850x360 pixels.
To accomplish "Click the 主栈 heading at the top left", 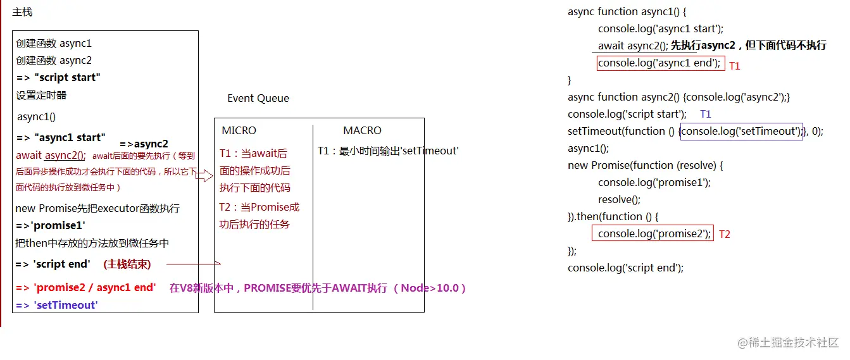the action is pos(22,12).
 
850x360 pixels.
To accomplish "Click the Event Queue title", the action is pos(258,98).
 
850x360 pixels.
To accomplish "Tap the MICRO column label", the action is pos(239,130).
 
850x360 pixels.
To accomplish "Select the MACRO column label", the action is pos(362,130).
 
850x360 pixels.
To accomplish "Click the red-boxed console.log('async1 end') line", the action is pos(659,63).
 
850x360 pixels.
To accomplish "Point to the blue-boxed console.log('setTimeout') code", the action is pos(741,132).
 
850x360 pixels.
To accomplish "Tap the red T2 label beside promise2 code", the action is pos(725,234).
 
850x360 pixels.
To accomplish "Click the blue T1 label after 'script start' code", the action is pos(706,115).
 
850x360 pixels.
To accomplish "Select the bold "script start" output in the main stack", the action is pos(58,78).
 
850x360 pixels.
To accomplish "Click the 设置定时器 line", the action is pos(41,96).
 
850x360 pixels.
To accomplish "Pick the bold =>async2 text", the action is pos(144,144).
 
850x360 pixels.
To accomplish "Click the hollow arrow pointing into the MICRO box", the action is pos(204,176).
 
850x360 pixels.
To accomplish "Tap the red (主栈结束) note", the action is pos(127,264).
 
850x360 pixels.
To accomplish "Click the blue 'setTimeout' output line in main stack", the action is pos(57,305).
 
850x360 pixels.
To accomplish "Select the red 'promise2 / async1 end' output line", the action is pos(85,288).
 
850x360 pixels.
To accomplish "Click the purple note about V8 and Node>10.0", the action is pos(318,288).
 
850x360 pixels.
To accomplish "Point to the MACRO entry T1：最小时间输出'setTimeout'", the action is pos(388,151).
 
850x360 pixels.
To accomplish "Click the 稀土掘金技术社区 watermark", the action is pos(787,342).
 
